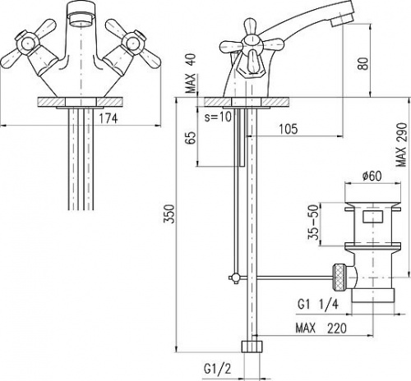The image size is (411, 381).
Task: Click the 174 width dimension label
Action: (108, 118)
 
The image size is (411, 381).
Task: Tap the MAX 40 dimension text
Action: (191, 73)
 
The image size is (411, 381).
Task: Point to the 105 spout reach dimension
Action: (289, 129)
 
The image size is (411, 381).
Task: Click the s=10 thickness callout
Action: (219, 117)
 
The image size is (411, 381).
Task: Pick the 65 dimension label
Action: (191, 138)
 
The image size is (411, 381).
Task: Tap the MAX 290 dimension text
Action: (402, 145)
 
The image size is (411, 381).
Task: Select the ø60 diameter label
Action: (372, 176)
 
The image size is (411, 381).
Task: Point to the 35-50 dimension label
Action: (314, 223)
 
